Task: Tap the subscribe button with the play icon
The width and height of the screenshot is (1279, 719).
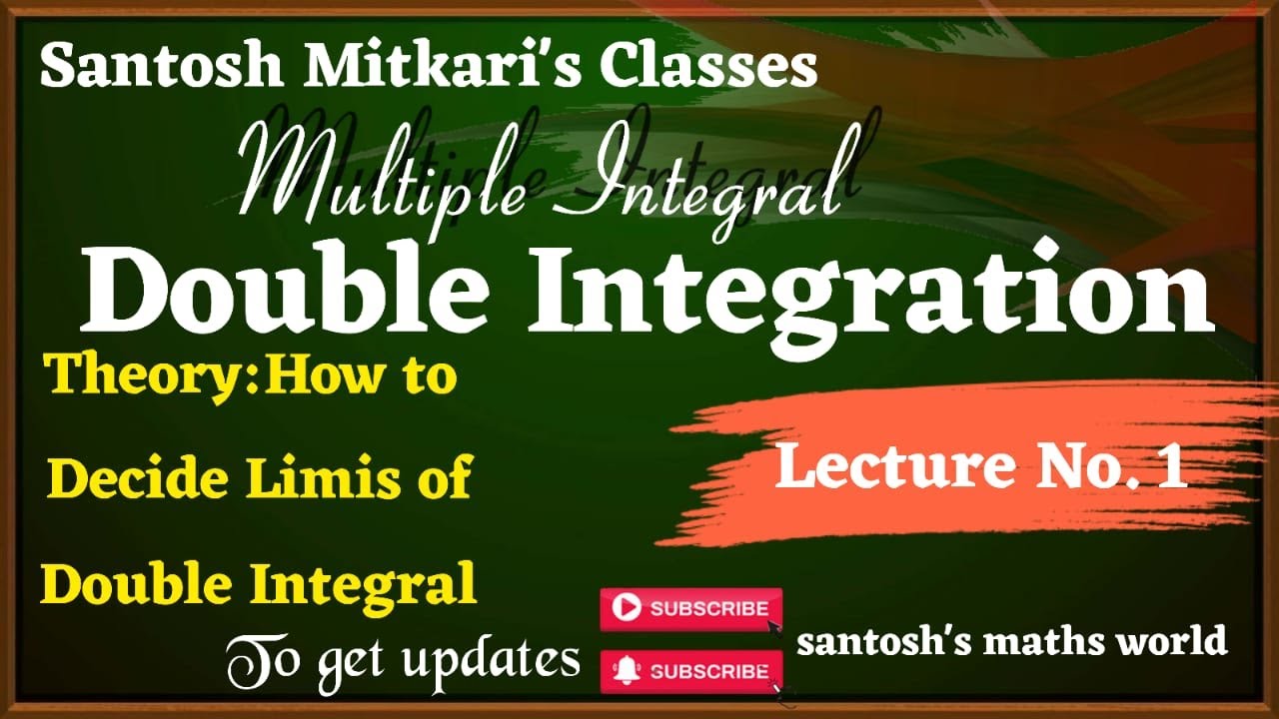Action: [690, 608]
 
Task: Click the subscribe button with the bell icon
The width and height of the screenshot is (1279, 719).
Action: [690, 670]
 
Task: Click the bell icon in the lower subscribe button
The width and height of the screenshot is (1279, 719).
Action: [626, 670]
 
